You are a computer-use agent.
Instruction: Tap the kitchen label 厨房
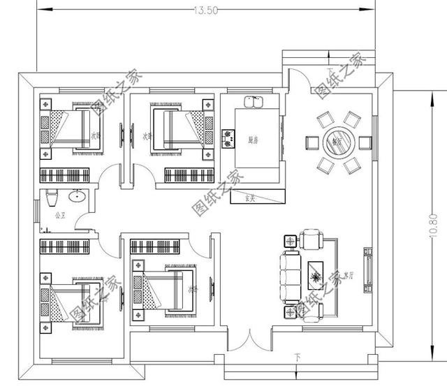[253, 140]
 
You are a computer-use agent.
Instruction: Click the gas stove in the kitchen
[228, 138]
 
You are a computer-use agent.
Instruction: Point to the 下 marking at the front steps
[298, 359]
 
